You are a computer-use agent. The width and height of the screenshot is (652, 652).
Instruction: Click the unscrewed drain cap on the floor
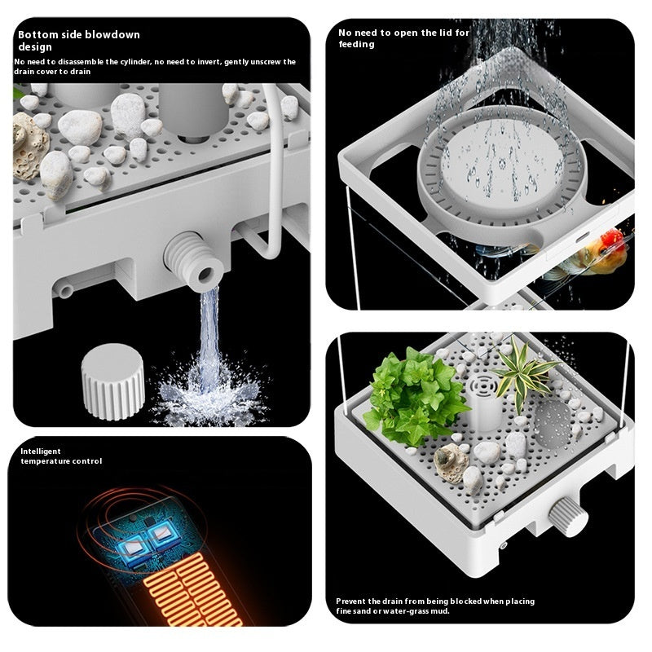112,381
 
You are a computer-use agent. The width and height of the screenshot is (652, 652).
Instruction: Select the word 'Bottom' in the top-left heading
37,35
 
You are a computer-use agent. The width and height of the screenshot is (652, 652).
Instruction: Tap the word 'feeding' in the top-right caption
356,45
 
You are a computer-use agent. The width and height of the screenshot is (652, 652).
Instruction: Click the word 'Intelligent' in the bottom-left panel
41,451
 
